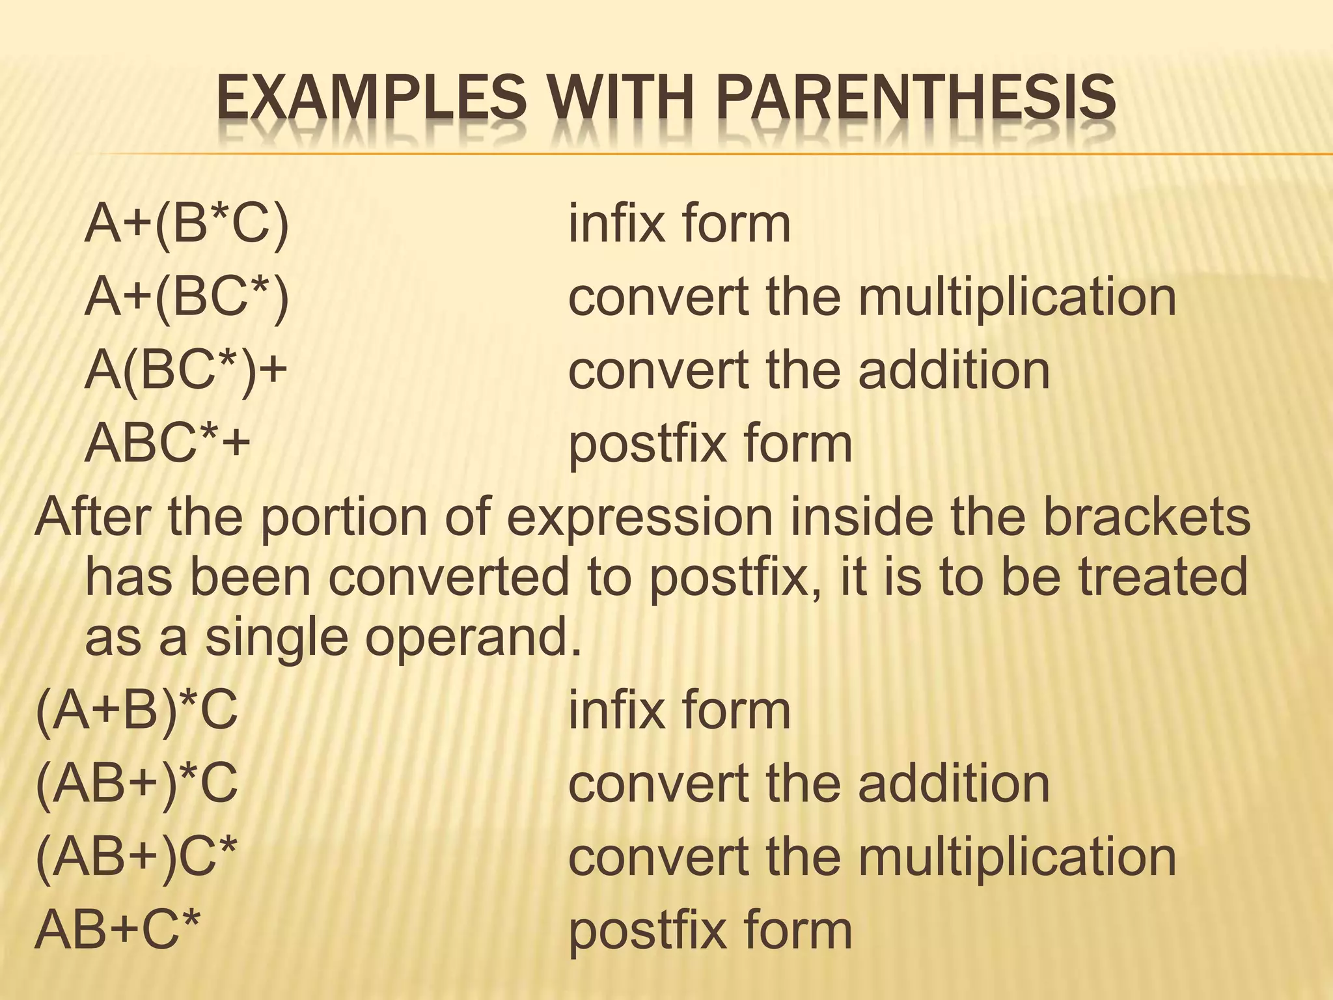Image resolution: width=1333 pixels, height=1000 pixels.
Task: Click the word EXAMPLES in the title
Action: click(371, 100)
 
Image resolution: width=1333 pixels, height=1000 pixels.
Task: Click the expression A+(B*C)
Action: click(187, 223)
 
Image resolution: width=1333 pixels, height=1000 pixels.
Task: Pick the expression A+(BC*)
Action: click(187, 297)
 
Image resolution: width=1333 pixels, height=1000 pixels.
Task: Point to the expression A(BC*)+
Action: click(186, 370)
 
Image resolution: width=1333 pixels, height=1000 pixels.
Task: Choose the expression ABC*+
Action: click(167, 442)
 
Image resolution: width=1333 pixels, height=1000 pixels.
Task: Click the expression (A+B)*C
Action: click(137, 710)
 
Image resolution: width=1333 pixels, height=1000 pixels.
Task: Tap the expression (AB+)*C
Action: click(137, 783)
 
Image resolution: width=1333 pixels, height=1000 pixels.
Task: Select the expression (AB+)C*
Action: click(137, 856)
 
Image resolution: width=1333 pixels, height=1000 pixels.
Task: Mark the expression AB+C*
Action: click(118, 929)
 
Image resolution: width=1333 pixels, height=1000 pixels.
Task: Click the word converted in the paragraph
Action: click(448, 577)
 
